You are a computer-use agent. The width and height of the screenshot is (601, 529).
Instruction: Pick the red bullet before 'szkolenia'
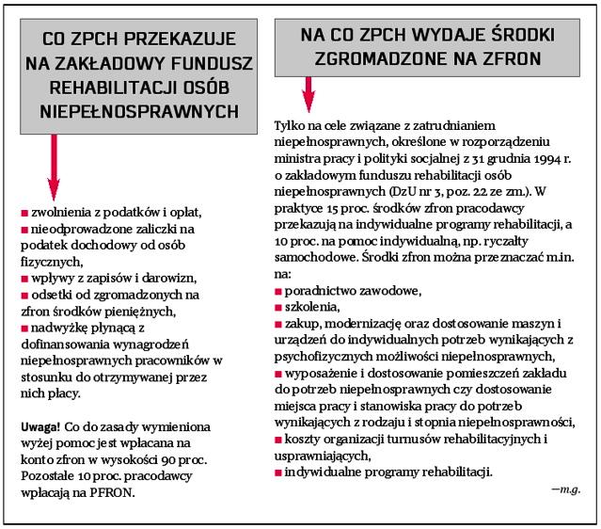[x=278, y=307]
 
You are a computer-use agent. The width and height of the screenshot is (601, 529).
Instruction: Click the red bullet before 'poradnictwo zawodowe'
[x=278, y=290]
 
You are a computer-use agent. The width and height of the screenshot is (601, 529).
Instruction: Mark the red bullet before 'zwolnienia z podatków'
[x=24, y=213]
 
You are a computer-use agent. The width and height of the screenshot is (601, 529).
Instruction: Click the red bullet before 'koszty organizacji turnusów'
[x=278, y=440]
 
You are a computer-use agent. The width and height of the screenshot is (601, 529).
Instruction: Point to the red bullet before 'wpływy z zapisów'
[x=24, y=279]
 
